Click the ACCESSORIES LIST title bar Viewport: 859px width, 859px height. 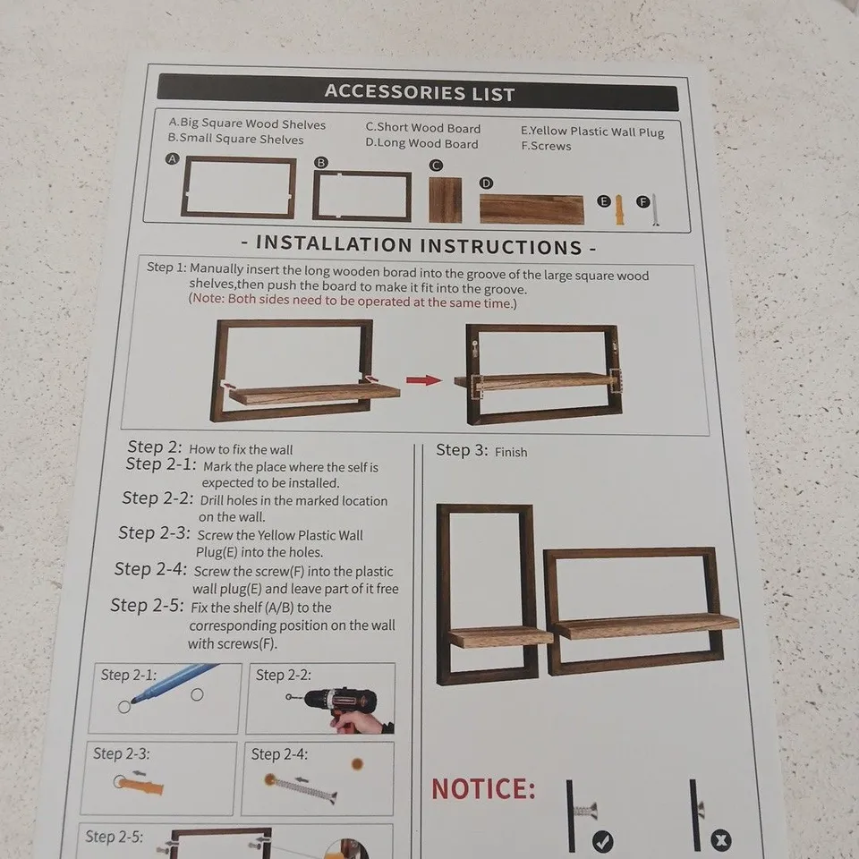pos(418,92)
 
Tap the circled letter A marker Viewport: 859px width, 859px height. pos(173,159)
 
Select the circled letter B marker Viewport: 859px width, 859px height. pos(321,162)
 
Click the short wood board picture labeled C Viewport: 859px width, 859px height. pos(445,200)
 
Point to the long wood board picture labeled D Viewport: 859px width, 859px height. pos(532,209)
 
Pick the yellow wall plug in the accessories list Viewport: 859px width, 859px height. pos(619,209)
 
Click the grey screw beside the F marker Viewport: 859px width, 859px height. pos(655,209)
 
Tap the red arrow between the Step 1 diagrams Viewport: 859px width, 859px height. pos(423,380)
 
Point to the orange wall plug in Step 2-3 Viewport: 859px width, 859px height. pos(141,785)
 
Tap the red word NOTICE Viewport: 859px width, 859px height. pos(483,789)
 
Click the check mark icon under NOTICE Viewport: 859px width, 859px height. pos(602,840)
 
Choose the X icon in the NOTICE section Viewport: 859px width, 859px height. pos(720,840)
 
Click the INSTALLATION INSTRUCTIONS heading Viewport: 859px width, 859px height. pos(419,245)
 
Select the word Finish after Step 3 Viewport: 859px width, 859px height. pos(511,452)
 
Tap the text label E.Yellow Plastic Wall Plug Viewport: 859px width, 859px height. pos(592,132)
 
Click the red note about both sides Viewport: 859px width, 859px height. pos(353,302)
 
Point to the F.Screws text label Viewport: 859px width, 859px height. pos(546,146)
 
